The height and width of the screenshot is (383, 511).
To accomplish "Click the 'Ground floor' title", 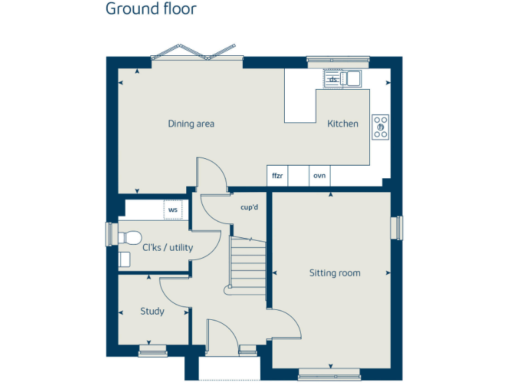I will pos(151,9).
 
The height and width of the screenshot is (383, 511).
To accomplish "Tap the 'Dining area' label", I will pos(191,124).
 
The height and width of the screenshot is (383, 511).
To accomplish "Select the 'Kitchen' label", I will pos(343,124).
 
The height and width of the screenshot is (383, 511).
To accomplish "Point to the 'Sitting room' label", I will pos(335,273).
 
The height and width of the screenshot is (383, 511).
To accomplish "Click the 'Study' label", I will pos(152,311).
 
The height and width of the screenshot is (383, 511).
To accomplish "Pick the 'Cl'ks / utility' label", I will pos(168,248).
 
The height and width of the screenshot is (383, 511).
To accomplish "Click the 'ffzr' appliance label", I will pos(277,176).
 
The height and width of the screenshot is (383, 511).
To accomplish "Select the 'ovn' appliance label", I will pos(319,176).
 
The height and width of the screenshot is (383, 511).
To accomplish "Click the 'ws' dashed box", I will pos(173,209).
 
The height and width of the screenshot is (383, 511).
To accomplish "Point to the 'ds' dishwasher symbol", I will pos(333,79).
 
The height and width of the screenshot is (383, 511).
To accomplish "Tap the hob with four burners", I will pos(381,126).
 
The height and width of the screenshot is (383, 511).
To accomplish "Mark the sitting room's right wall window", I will pos(399,227).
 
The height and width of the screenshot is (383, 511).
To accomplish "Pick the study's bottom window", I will pos(152,350).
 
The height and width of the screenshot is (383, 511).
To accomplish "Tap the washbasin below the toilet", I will pos(124,258).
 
